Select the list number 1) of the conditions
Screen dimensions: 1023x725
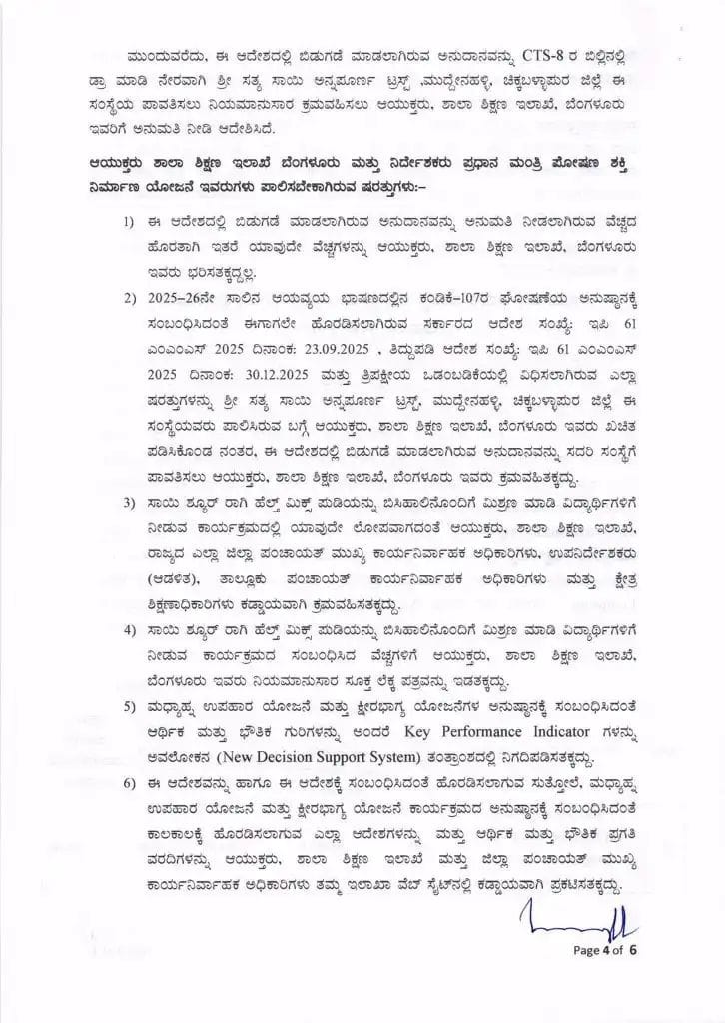131,221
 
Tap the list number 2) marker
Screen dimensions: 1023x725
131,299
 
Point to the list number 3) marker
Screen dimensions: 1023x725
131,500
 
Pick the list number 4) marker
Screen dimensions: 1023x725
131,630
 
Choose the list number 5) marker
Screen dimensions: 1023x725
131,708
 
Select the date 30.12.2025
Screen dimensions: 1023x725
280,376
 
